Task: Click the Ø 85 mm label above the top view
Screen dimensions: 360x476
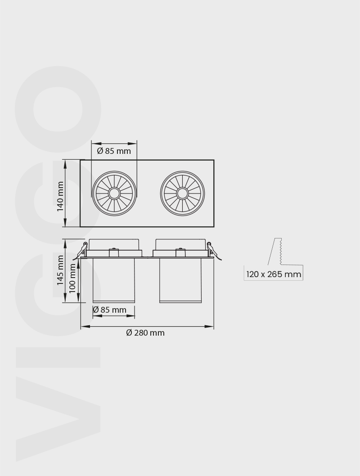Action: click(114, 151)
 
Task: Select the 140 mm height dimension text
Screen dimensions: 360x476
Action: click(60, 197)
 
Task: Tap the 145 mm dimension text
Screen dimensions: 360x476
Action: click(60, 270)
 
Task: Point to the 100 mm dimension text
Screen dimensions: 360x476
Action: click(72, 278)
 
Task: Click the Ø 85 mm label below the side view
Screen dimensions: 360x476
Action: click(109, 310)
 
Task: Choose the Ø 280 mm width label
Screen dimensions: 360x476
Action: click(145, 333)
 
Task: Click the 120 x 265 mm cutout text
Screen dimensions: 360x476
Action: click(274, 274)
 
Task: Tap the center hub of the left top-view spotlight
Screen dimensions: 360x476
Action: click(114, 193)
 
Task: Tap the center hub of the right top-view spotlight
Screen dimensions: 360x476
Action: click(182, 193)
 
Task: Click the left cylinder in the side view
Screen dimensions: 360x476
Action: click(113, 280)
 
